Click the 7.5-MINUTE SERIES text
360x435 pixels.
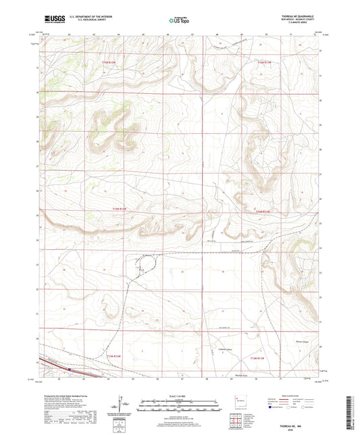(297, 25)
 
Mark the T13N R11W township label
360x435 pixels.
(260, 356)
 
